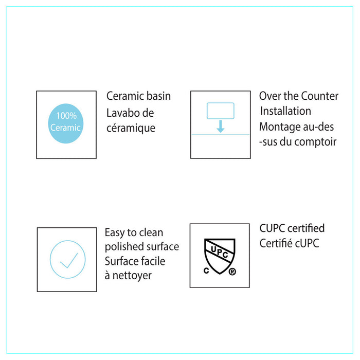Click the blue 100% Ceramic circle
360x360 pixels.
tap(66, 123)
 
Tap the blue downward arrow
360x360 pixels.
tap(221, 127)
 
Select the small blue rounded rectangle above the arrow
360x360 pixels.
tap(221, 111)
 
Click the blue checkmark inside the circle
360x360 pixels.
tap(69, 260)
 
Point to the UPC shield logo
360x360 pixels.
tap(220, 256)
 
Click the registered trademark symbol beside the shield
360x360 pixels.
tap(232, 272)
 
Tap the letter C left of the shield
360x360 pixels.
tap(206, 271)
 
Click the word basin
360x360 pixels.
tap(158, 96)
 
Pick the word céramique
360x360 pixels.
tap(131, 129)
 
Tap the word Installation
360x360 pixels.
tap(285, 111)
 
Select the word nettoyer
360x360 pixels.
tap(132, 276)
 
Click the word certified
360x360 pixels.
tap(306, 228)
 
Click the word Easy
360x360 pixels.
tap(115, 233)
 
